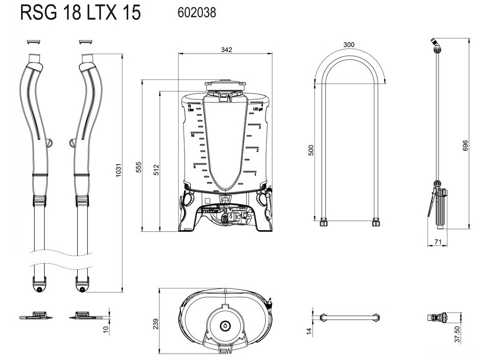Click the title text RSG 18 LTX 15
(80, 13)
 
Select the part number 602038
(197, 13)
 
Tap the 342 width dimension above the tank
(227, 49)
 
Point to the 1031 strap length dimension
(118, 170)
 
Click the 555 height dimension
(138, 167)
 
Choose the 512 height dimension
(156, 170)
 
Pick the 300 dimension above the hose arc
(349, 45)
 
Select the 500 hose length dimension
(311, 150)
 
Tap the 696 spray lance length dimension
(465, 146)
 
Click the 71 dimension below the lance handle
(438, 242)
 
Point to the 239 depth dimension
(156, 324)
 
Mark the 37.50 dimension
(457, 334)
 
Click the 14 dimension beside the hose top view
(309, 331)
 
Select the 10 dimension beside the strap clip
(106, 328)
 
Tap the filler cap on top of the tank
(225, 85)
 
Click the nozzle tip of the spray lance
(434, 41)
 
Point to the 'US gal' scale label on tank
(258, 109)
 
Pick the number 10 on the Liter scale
(192, 136)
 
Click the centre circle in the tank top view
(225, 326)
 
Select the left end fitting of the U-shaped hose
(323, 223)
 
